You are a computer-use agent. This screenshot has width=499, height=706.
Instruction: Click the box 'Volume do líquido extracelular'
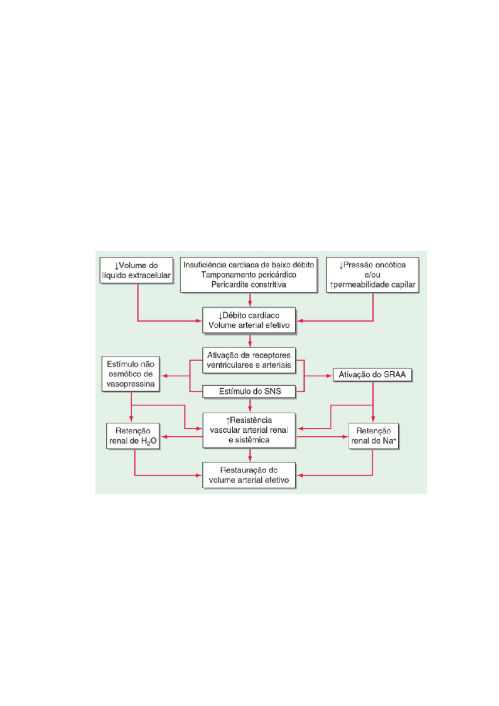pyautogui.click(x=136, y=270)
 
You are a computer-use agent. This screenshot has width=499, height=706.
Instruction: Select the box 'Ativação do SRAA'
pyautogui.click(x=372, y=375)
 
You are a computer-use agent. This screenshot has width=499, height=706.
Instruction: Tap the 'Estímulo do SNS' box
pyautogui.click(x=249, y=392)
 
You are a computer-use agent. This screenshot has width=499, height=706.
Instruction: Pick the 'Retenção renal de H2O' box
pyautogui.click(x=133, y=436)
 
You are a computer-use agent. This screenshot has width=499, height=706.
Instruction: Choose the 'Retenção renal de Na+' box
pyautogui.click(x=373, y=436)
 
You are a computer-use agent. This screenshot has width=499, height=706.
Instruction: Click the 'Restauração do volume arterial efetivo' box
pyautogui.click(x=249, y=475)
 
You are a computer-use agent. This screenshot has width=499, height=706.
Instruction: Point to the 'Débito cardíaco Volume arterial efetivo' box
pyautogui.click(x=249, y=320)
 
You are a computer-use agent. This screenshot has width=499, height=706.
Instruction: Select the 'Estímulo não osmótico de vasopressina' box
pyautogui.click(x=130, y=374)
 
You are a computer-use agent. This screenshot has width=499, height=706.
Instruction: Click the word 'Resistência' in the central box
pyautogui.click(x=251, y=420)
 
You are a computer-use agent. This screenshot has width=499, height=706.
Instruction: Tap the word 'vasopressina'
pyautogui.click(x=130, y=384)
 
